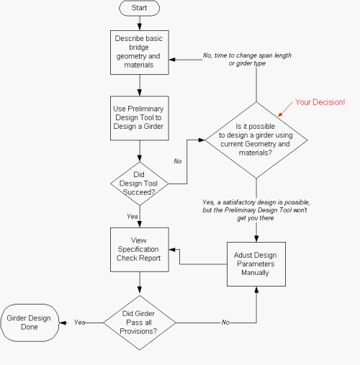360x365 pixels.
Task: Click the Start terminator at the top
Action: point(139,9)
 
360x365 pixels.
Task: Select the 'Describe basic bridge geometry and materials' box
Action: point(139,52)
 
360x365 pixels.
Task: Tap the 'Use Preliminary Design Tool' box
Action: point(139,117)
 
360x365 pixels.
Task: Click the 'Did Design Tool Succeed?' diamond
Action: point(139,184)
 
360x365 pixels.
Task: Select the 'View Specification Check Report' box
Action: point(139,250)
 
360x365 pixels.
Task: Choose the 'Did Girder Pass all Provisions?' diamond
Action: point(139,323)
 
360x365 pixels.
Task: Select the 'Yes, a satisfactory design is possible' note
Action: point(258,211)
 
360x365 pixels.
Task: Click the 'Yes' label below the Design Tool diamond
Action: point(132,216)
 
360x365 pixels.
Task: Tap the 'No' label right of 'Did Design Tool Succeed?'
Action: point(177,161)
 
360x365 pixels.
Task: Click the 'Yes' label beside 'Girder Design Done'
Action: point(80,323)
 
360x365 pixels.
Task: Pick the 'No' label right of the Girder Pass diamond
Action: point(225,323)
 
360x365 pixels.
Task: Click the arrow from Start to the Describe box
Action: point(139,23)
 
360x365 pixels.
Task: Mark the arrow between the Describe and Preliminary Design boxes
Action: point(139,84)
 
